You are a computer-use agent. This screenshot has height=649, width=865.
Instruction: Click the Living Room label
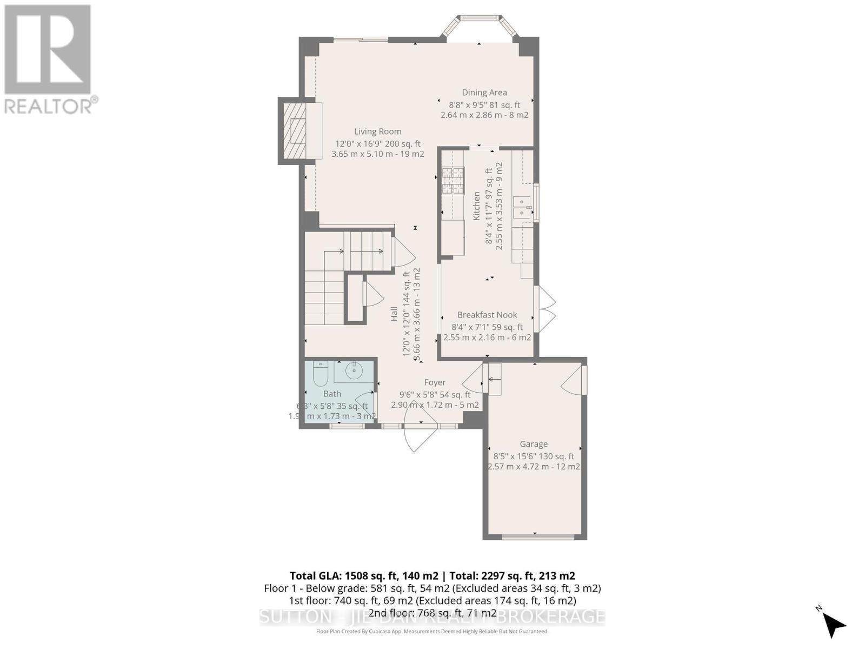pyautogui.click(x=377, y=131)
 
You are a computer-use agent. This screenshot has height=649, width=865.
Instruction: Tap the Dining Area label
pyautogui.click(x=484, y=92)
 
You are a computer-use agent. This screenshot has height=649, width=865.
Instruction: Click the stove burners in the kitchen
pyautogui.click(x=453, y=181)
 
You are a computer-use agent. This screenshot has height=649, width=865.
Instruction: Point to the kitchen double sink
pyautogui.click(x=522, y=207)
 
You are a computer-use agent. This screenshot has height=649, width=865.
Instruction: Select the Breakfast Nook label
pyautogui.click(x=487, y=315)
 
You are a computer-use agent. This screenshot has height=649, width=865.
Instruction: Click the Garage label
pyautogui.click(x=534, y=444)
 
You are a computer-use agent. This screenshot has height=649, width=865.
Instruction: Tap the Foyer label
pyautogui.click(x=435, y=382)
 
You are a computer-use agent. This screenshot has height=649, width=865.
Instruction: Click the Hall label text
pyautogui.click(x=395, y=314)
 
